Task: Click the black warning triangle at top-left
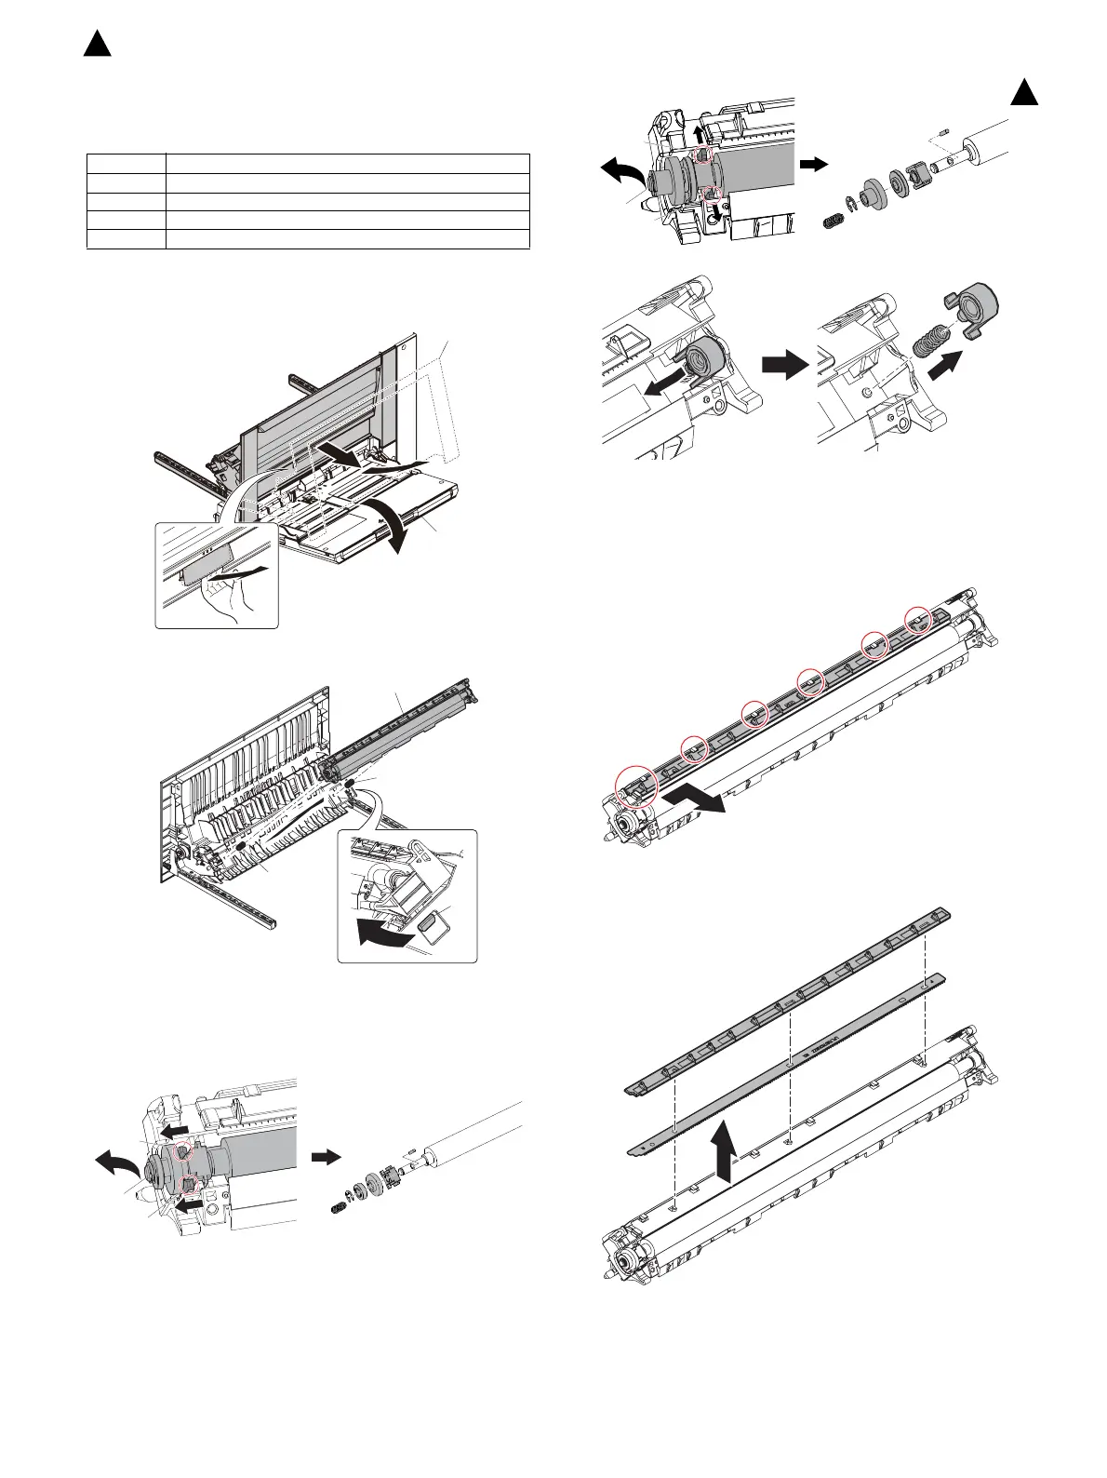(x=97, y=43)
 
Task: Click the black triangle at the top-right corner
(x=1024, y=93)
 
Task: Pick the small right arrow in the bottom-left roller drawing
(x=325, y=1157)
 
